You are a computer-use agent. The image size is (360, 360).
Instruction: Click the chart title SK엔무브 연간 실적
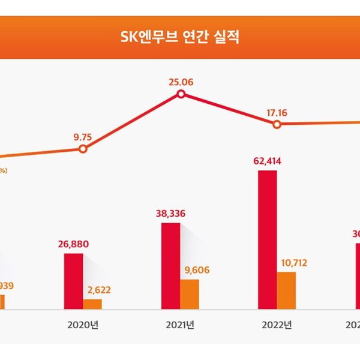[x=179, y=37]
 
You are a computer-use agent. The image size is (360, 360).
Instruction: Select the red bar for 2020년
[x=74, y=281]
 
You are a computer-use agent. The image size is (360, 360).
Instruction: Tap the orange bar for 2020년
[x=92, y=304]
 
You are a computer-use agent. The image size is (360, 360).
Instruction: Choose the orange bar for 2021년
[x=189, y=294]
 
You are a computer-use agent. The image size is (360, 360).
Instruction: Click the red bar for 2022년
[x=268, y=240]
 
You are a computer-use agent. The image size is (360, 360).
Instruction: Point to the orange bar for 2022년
[x=286, y=290]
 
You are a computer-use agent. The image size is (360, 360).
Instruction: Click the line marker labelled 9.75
[x=83, y=149]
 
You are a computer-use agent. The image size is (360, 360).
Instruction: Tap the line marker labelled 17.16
[x=277, y=124]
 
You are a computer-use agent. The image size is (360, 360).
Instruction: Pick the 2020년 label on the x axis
[x=83, y=325]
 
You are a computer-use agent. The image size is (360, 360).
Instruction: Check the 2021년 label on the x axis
[x=180, y=325]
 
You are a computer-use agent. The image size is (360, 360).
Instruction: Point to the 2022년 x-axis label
[x=277, y=325]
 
